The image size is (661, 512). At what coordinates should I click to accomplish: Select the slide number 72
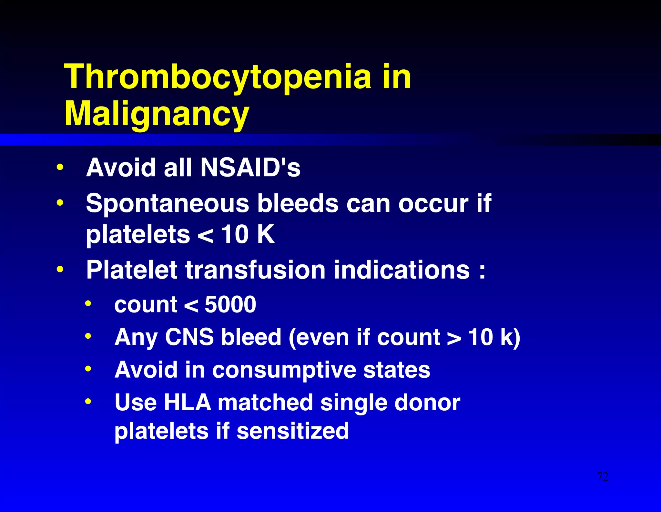point(603,477)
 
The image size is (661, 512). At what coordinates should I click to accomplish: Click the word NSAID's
point(250,168)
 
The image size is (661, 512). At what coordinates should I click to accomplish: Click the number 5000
point(230,304)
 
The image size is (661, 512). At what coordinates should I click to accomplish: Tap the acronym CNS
point(189,337)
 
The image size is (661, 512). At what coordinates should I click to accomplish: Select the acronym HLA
point(187,403)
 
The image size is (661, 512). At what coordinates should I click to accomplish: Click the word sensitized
point(292,431)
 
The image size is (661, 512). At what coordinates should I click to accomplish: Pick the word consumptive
point(284,370)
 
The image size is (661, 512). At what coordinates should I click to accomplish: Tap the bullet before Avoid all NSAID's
point(60,168)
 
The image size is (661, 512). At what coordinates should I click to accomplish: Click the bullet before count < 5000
point(88,304)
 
